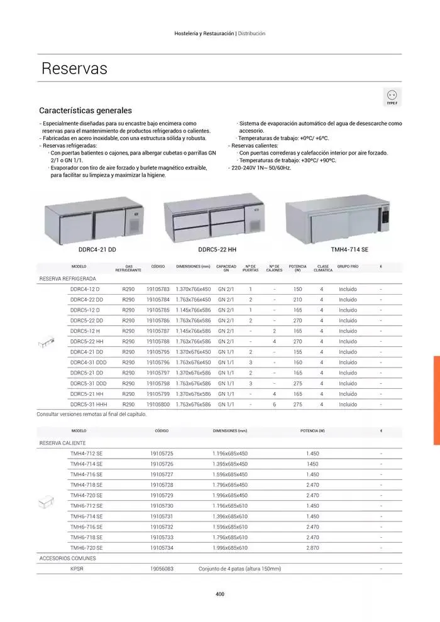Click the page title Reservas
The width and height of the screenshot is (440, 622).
coord(74,68)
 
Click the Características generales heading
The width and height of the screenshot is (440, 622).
coord(85,110)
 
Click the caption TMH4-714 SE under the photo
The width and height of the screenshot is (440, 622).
coord(349,249)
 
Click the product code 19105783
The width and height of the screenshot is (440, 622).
coord(158,290)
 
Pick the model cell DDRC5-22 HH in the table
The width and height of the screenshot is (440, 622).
coord(87,341)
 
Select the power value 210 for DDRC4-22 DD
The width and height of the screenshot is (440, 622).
coord(297,300)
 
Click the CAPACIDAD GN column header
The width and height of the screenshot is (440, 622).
coord(226,268)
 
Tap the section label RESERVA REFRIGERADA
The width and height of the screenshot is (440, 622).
coord(68,278)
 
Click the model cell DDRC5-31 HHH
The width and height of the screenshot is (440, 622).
coord(88,404)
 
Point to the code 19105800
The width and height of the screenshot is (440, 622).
coord(158,404)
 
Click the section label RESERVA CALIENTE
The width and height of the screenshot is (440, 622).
coord(63,443)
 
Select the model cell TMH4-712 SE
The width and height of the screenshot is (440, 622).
coord(87,453)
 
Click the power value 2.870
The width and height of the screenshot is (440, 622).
coord(312,548)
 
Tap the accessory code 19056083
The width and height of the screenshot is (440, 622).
coord(162,569)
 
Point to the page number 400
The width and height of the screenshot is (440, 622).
coord(220,594)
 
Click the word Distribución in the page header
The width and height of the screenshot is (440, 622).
coord(252,33)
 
